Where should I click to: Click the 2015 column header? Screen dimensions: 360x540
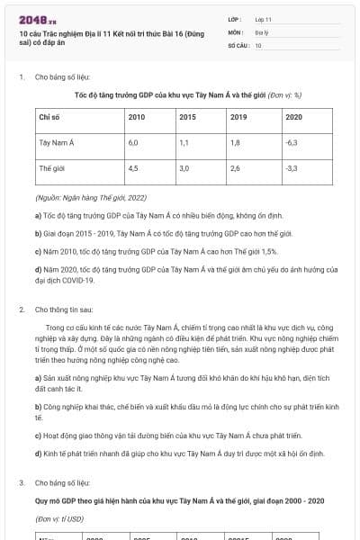[187, 117]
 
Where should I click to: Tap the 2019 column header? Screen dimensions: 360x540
[238, 117]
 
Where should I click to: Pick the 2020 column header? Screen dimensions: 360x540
[292, 117]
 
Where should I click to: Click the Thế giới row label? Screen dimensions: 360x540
[51, 168]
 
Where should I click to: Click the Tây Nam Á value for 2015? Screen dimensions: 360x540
[184, 142]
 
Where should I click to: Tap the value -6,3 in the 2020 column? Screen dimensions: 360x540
[291, 142]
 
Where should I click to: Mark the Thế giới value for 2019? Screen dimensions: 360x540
[235, 168]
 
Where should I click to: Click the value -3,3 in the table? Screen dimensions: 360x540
[291, 168]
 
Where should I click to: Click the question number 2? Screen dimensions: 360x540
[21, 309]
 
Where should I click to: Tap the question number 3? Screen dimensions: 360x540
[21, 483]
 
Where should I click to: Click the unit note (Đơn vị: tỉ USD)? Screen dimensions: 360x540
[58, 518]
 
